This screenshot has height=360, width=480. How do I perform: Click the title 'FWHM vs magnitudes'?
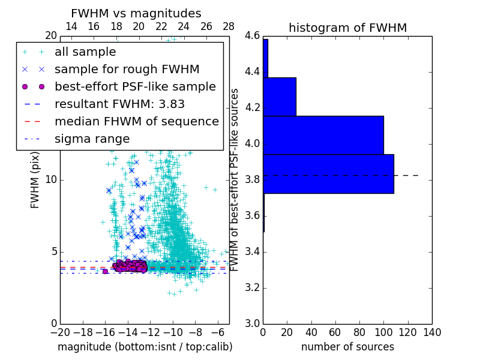coord(136,13)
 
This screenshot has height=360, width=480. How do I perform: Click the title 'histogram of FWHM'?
coord(347,28)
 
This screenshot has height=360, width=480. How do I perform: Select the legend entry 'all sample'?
coord(85,52)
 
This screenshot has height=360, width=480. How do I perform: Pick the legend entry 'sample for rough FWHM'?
coord(127,69)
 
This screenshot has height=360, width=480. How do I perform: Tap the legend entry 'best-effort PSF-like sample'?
coord(135,86)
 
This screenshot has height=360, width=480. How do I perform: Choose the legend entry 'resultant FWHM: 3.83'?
coord(119,104)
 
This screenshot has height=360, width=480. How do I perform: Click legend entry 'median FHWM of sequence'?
coord(136,121)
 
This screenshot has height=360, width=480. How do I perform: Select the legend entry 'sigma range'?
coord(92,139)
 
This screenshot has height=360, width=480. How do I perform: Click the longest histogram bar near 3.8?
coord(328,173)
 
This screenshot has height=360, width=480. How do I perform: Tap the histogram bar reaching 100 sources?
coord(323,135)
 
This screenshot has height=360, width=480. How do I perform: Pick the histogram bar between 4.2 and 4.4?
coord(279,97)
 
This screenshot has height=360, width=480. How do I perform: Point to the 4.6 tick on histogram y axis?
coord(252,36)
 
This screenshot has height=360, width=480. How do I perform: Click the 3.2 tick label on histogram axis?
coord(252,287)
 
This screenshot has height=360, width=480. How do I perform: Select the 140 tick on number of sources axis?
coord(432,332)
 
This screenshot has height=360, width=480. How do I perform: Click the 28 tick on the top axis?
coord(229,26)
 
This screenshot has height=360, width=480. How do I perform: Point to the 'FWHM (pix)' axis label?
coord(35,179)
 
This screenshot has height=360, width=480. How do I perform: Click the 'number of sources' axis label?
coord(347,347)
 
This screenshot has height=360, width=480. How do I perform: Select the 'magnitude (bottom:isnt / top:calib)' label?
coord(145,347)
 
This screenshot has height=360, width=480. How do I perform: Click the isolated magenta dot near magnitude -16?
coord(105,271)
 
